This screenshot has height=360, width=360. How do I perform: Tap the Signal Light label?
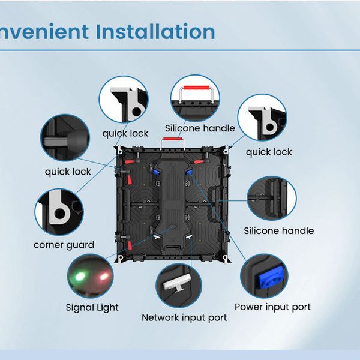92,308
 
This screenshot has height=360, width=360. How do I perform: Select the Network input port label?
184,318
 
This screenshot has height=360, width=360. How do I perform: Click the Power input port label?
272,307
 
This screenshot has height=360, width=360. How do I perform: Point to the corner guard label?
64,245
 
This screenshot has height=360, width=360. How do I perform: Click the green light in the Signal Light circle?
79,276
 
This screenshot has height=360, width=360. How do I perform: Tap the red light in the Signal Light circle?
103,276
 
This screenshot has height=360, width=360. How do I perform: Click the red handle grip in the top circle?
196,88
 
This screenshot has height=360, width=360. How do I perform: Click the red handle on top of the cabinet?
172,139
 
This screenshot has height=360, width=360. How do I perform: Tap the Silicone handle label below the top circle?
200,128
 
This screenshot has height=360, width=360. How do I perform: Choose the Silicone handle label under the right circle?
279,231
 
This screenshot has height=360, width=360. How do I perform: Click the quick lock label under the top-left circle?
125,134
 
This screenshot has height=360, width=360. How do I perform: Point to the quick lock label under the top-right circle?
269,152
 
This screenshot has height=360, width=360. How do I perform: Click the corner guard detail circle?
59,212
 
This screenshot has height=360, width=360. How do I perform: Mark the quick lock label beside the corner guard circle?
68,172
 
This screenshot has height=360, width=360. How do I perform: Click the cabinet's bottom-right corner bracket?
226,258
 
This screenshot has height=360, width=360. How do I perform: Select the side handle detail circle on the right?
272,198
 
